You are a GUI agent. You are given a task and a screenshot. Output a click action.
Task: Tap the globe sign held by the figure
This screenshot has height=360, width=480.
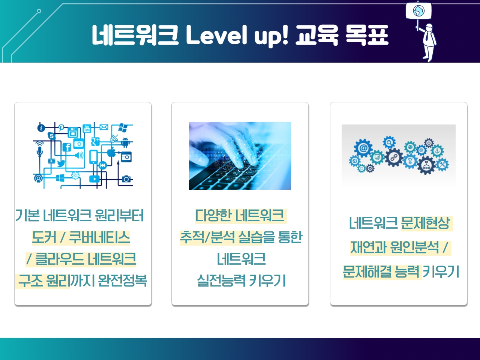click(418, 11)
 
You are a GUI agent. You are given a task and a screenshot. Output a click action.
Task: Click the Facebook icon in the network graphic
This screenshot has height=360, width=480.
click(67, 147)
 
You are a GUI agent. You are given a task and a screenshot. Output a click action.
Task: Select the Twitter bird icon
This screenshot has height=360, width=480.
click(61, 163)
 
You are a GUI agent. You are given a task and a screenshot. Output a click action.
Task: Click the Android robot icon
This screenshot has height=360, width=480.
click(125, 142)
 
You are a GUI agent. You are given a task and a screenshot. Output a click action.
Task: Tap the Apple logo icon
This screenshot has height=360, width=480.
click(111, 152)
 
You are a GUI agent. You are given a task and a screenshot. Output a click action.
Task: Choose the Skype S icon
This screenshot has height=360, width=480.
click(52, 136)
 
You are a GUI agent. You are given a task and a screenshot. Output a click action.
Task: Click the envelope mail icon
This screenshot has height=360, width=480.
click(104, 127)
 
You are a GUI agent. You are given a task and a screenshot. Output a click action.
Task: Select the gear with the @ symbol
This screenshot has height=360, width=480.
click(363, 148)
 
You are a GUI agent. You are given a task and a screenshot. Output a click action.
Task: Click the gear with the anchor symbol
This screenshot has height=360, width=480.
click(437, 151)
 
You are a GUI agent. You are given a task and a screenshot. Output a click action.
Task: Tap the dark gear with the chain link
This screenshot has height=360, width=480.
click(394, 157)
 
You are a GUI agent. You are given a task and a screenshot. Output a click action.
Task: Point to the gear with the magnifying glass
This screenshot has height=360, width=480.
click(389, 142)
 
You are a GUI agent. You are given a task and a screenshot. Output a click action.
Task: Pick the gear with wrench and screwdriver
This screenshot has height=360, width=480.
click(442, 164)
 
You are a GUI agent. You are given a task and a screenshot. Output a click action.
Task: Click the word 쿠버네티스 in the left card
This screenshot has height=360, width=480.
click(99, 237)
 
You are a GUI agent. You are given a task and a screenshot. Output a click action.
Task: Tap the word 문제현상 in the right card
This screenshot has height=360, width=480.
click(425, 223)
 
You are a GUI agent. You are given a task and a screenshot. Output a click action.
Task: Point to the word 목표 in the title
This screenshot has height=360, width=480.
click(367, 35)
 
